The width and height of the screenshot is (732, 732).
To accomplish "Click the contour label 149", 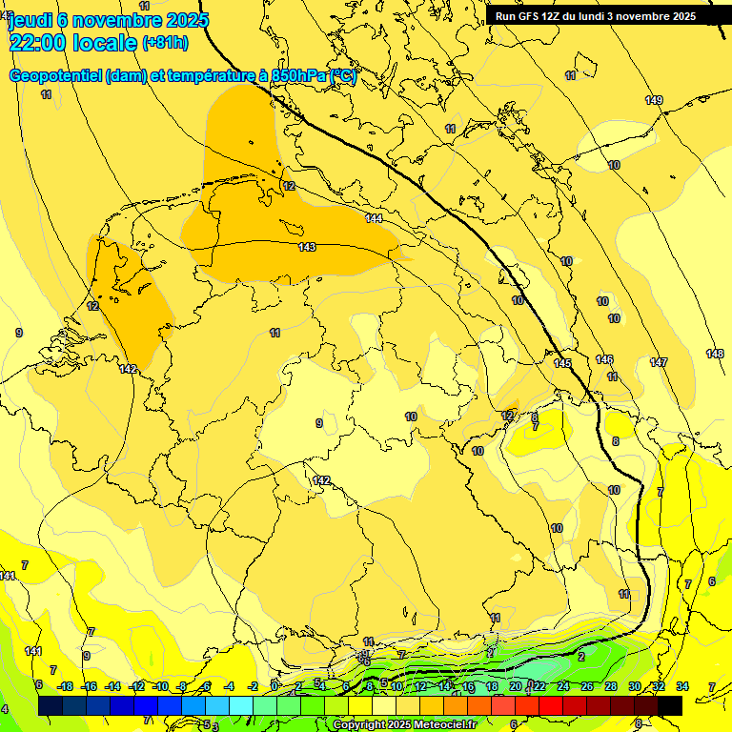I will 653,100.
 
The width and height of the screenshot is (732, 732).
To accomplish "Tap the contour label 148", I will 715,354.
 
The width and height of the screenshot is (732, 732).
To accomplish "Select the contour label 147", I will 659,362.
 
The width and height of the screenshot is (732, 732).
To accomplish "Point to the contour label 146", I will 604,359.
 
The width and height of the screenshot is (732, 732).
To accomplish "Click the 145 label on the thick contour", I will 562,363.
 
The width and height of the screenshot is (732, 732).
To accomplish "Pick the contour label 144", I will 375,219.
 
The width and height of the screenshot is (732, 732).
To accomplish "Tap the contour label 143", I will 307,247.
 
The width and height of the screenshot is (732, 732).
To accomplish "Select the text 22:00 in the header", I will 39,43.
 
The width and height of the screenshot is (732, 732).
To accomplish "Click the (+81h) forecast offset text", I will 165,43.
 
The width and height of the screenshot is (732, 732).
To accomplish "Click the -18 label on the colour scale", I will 65,686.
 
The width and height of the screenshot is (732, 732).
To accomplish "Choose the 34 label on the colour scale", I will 682,686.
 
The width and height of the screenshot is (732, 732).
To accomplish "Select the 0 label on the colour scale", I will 274,686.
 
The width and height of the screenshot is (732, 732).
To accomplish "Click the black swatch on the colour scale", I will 669,705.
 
